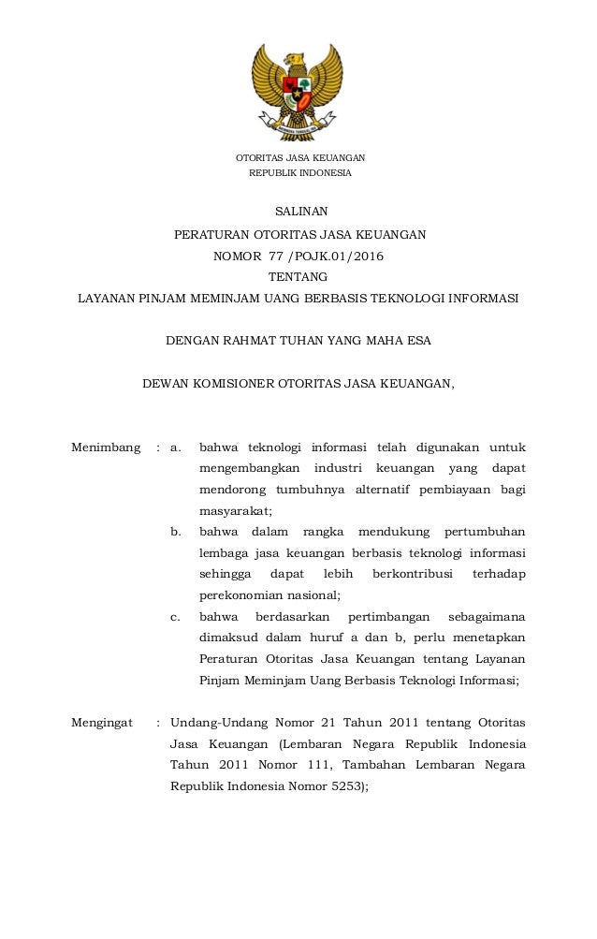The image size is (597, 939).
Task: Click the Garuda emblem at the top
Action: (298, 84)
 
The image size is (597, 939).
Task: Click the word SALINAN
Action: (298, 211)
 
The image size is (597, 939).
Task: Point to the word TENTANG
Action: (298, 276)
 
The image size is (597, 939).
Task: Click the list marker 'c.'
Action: (175, 617)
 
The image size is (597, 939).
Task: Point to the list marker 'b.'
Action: (175, 532)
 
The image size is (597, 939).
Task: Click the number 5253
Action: (344, 787)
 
